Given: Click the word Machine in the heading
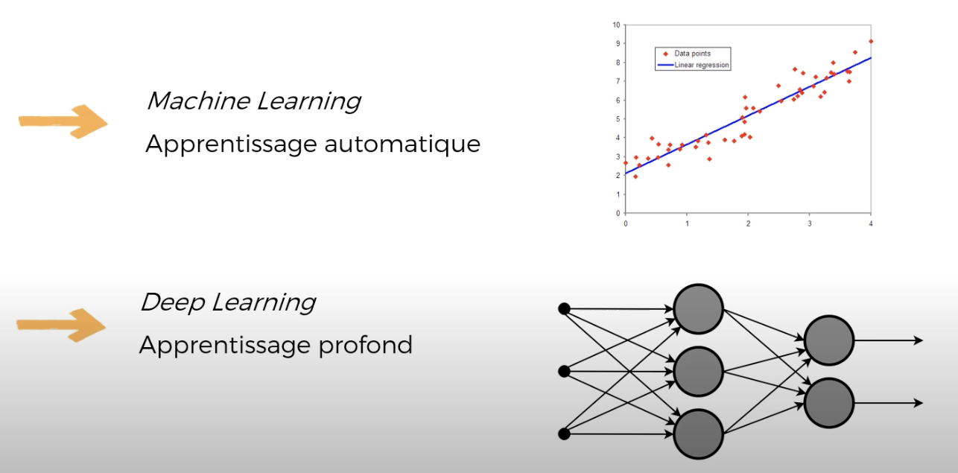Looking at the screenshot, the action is [198, 101].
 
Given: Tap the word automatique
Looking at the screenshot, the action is [402, 145].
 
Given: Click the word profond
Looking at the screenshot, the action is [366, 345].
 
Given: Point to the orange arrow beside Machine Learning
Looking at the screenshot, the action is [63, 122].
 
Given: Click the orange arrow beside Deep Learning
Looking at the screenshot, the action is [61, 326].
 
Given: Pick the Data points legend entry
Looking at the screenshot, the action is [687, 54].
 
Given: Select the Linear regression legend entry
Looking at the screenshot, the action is [694, 65].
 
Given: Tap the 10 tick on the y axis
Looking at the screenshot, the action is [616, 25].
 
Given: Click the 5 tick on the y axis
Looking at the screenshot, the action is [618, 119].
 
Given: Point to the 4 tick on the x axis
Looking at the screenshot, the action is [871, 223].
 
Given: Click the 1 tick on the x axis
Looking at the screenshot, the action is [688, 223].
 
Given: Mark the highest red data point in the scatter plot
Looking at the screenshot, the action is [871, 42].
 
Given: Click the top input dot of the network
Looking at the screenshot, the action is [564, 308].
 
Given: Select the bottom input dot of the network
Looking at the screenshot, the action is [564, 434].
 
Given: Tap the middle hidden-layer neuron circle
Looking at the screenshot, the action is [699, 371].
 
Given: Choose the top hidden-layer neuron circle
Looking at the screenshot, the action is [699, 309].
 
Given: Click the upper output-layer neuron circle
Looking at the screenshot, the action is [829, 340].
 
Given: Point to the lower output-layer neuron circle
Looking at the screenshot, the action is [829, 403].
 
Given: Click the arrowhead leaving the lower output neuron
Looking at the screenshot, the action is [919, 403].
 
